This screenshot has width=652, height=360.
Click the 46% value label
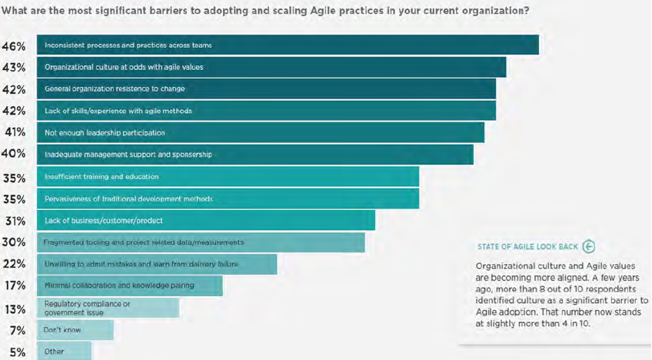coord(14,46)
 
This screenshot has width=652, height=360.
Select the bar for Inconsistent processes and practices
coord(288,45)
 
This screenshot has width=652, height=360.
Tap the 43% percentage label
coord(14,68)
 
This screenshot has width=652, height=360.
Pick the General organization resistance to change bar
coord(266,88)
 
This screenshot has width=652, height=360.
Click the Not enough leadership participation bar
coord(261,132)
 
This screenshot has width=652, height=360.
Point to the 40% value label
coord(13,154)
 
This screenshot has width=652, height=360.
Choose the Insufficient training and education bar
coord(228,176)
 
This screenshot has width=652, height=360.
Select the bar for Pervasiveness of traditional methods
coord(228,198)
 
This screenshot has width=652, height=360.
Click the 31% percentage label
coord(15,221)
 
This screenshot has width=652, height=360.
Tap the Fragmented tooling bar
coord(201,242)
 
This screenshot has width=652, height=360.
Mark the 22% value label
coord(14,264)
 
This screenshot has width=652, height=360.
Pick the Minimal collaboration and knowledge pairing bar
coord(130,285)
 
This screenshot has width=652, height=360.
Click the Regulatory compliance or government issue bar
coord(108,308)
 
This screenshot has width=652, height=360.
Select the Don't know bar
coord(75,330)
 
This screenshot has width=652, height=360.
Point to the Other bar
coord(64,351)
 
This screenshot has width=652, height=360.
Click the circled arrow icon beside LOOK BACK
coord(589,247)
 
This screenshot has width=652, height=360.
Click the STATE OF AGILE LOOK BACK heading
coord(527,247)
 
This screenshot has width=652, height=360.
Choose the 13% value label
coord(15,310)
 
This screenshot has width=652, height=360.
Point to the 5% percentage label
coord(18,352)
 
